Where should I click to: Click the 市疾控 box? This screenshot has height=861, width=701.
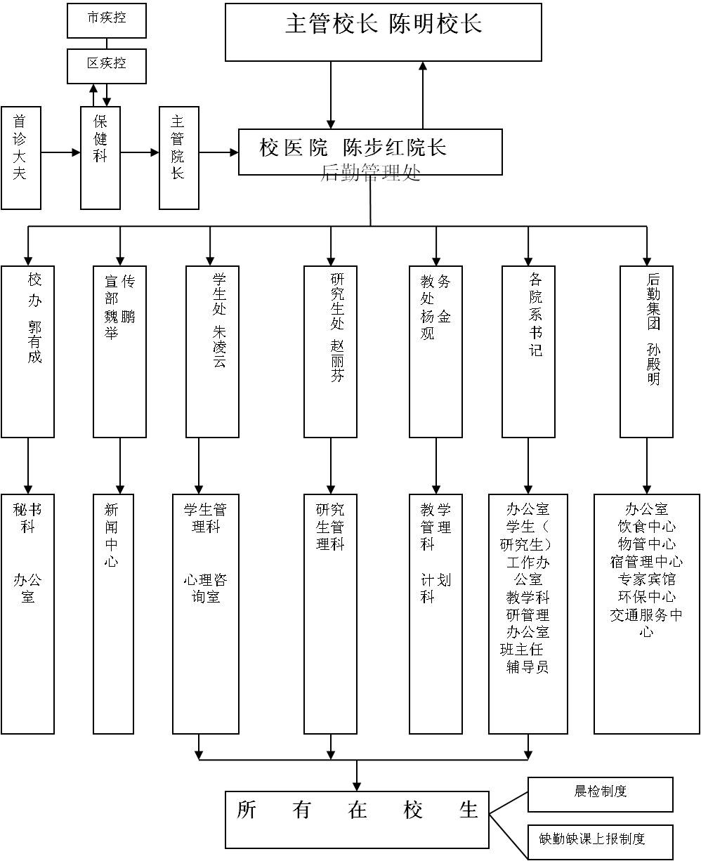[107, 20]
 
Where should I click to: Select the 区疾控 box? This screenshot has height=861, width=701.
[107, 66]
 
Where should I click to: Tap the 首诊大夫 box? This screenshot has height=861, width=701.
[21, 158]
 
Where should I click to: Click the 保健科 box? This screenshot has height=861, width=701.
[100, 158]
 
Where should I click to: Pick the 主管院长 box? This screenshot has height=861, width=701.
[179, 158]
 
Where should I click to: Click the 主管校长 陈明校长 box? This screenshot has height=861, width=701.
[383, 32]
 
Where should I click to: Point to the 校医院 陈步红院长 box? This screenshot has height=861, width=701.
[370, 151]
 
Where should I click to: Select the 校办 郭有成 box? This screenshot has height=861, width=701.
[27, 351]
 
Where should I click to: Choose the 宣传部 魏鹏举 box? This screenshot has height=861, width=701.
[119, 351]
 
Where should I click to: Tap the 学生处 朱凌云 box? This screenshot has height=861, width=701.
[212, 351]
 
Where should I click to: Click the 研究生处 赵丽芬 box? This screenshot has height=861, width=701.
[330, 351]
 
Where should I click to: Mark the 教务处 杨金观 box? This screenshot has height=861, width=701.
[435, 351]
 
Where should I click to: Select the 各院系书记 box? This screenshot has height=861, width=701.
[528, 351]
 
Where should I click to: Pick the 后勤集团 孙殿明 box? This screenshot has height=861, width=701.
[646, 351]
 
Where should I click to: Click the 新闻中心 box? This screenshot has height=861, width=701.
[113, 613]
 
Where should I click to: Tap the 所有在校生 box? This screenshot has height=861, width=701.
[357, 820]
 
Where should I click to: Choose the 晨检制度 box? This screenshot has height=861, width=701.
[600, 794]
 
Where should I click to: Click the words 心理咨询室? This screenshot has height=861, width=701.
[205, 589]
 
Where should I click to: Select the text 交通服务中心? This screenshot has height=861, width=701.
[646, 622]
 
